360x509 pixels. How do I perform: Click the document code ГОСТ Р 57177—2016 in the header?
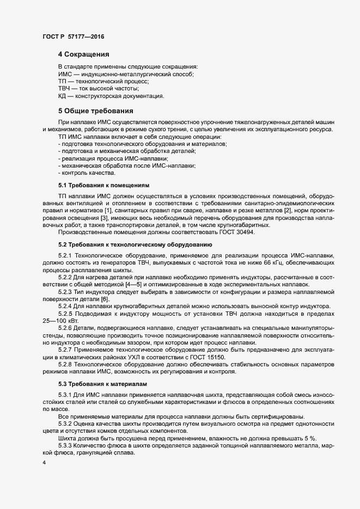pyautogui.click(x=73, y=36)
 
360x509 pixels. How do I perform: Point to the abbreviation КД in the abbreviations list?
pyautogui.click(x=62, y=96)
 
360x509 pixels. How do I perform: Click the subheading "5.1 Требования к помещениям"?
pyautogui.click(x=103, y=186)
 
